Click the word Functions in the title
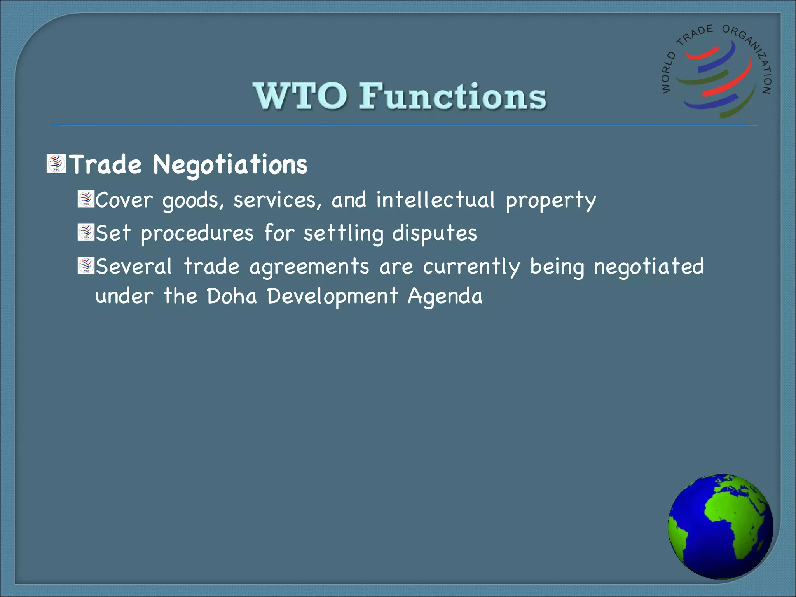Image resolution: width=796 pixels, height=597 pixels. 452,96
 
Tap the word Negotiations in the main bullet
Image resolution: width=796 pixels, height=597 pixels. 230,165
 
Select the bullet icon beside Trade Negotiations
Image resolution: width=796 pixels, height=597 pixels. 56,164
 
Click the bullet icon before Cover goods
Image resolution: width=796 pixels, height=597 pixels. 86,199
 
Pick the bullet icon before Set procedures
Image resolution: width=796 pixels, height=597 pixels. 86,232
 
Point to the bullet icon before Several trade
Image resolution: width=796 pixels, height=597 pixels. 86,266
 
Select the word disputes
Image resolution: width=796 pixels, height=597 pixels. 434,234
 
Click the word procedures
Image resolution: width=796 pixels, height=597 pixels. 197,234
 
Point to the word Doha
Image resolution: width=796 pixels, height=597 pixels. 232,296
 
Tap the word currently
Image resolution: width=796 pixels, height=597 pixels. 471,267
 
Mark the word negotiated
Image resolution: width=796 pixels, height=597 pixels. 649,267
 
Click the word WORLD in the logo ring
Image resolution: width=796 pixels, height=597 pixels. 668,73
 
